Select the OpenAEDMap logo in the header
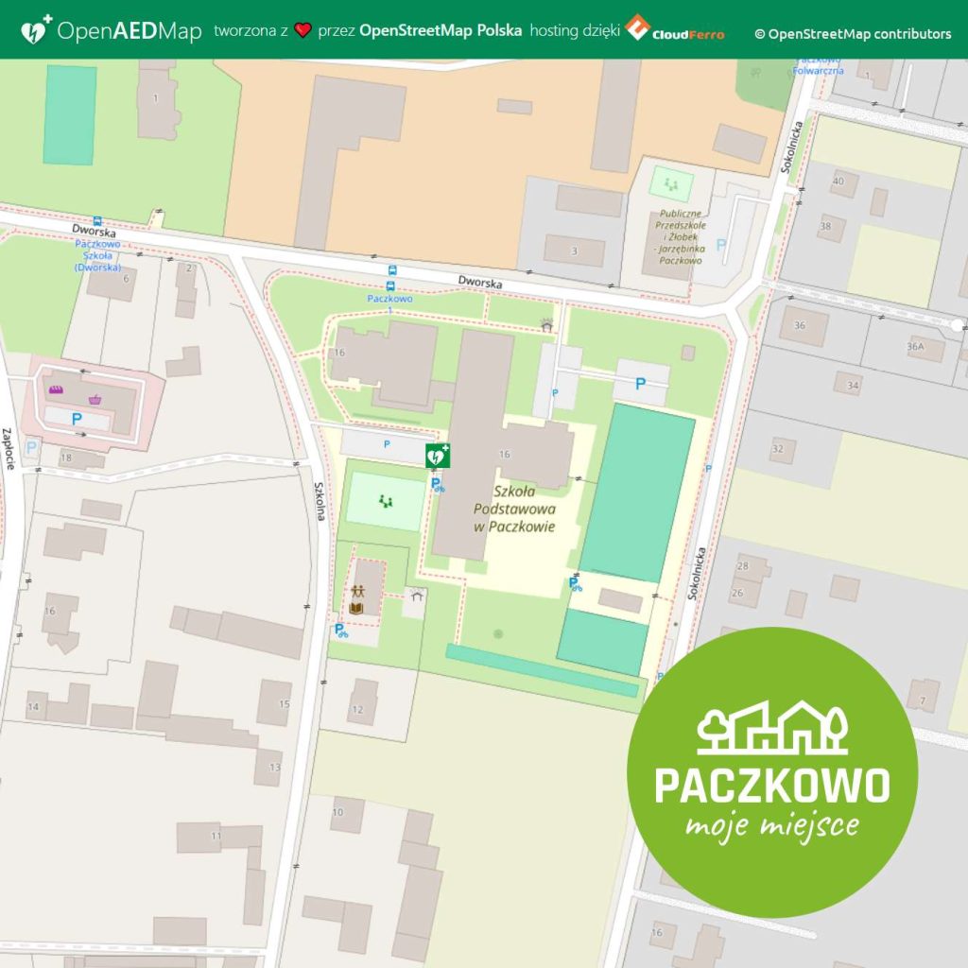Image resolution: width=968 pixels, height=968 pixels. tap(112, 31)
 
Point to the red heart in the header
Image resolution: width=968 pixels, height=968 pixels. tap(302, 31)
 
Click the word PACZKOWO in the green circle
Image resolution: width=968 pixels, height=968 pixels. tap(772, 784)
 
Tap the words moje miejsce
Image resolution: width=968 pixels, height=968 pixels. tap(772, 827)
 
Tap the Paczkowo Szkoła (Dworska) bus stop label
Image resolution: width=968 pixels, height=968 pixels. tap(98, 255)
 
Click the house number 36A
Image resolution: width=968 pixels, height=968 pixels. tap(914, 347)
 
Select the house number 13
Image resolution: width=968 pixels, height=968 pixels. tap(274, 767)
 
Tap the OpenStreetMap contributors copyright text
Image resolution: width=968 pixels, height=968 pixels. tap(853, 34)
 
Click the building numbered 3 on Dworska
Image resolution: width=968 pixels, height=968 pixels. tap(574, 251)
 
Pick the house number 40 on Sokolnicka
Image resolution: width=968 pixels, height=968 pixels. tap(838, 181)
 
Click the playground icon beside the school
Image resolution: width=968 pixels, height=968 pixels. tap(385, 499)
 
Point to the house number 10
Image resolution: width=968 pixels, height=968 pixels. tap(337, 812)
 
